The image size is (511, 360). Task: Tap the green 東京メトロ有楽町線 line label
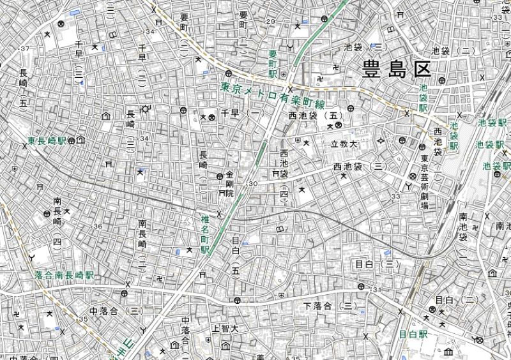(x=272, y=96)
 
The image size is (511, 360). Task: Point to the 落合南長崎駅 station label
(x=64, y=275)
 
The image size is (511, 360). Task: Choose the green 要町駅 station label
(x=273, y=64)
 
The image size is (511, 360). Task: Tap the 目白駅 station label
(x=413, y=334)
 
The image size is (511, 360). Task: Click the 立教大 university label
(x=343, y=144)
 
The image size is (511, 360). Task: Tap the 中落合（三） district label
(x=116, y=311)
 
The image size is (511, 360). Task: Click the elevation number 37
(x=25, y=49)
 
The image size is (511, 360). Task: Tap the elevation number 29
(x=270, y=22)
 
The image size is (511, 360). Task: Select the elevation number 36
(x=98, y=227)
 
